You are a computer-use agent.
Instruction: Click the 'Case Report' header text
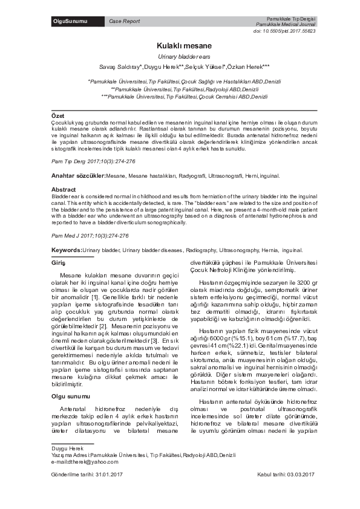(x=124, y=22)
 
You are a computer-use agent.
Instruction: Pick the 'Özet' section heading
(x=57, y=115)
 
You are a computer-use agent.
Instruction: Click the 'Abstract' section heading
(x=64, y=189)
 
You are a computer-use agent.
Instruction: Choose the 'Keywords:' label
(x=67, y=249)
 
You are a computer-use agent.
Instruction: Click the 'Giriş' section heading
(x=58, y=263)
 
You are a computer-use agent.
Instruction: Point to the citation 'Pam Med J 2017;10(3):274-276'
(x=90, y=235)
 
